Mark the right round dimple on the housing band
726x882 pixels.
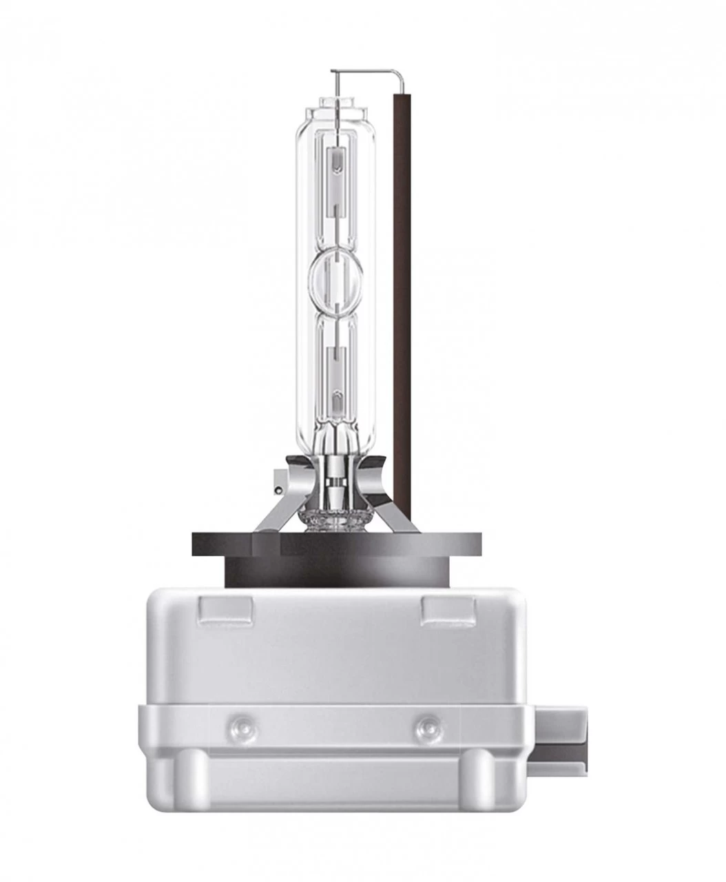tap(426, 724)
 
